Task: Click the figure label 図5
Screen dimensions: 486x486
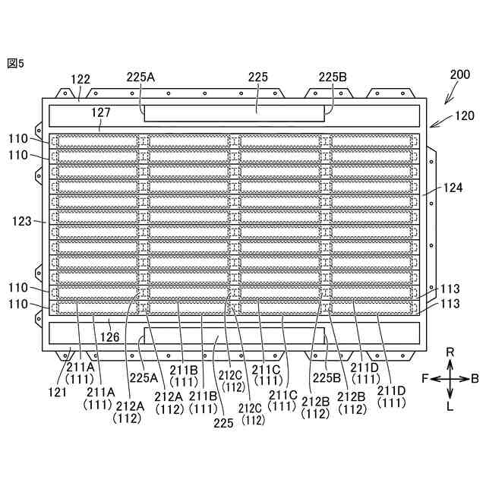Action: click(x=15, y=64)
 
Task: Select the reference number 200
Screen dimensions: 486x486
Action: click(x=460, y=75)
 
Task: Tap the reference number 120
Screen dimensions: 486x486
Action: click(x=465, y=115)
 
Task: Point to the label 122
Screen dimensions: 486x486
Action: click(x=80, y=79)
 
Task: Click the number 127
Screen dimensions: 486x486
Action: click(x=101, y=112)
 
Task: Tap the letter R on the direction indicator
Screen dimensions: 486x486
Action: click(x=450, y=352)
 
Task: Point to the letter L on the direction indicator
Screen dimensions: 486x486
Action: click(x=450, y=406)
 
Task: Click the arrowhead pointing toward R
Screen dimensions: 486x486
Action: click(x=450, y=361)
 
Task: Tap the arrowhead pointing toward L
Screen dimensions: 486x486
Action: click(x=450, y=394)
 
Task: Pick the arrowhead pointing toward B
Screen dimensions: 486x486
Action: click(x=465, y=377)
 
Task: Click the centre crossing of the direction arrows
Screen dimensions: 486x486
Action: click(x=450, y=377)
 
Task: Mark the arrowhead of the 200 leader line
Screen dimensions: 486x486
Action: click(x=444, y=103)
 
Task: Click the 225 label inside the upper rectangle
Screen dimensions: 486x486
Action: click(x=257, y=77)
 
